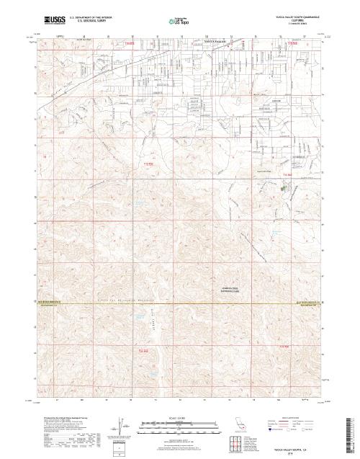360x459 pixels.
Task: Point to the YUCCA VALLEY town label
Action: tap(215, 42)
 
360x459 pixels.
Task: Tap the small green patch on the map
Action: tap(283, 190)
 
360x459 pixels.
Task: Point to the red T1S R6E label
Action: tap(145, 164)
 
